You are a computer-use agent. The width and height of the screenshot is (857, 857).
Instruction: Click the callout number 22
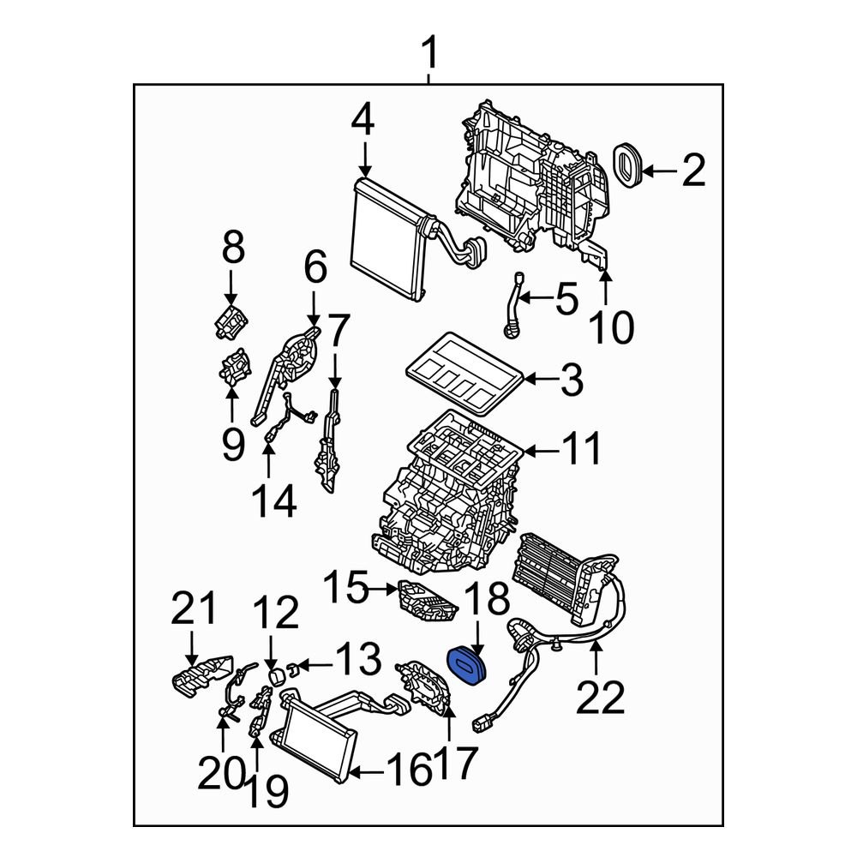(x=600, y=698)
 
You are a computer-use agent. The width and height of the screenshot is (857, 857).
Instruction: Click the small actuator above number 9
(x=231, y=371)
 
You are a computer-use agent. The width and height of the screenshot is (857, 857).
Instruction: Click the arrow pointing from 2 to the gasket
(x=659, y=172)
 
